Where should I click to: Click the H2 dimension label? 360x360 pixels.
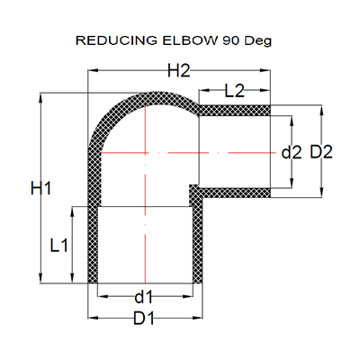(179, 71)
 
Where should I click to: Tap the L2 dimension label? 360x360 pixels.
(235, 91)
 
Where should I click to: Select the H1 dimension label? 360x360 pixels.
(41, 189)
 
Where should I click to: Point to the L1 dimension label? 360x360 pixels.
(59, 246)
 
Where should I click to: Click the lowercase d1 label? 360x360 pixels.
(144, 297)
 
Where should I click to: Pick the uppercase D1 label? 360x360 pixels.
(144, 319)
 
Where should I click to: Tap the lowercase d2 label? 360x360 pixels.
(292, 153)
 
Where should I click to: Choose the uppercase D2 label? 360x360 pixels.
(321, 152)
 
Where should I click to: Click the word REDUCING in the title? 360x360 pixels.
(116, 40)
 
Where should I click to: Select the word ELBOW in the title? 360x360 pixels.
(190, 40)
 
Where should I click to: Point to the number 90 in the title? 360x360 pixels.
(231, 40)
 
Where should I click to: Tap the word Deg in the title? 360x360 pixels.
(258, 41)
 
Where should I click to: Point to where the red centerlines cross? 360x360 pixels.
(145, 153)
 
